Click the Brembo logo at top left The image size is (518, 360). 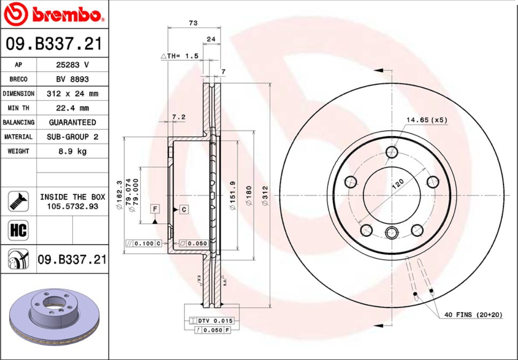(54, 14)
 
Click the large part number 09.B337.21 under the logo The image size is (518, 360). (54, 44)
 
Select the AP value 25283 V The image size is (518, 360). (72, 65)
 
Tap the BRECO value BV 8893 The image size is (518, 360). (72, 79)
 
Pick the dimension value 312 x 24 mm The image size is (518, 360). (72, 94)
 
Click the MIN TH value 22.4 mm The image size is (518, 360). (72, 108)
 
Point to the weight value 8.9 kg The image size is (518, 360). (72, 151)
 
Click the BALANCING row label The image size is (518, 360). (18, 122)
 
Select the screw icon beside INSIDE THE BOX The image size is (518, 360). (18, 201)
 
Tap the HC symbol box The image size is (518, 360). (18, 230)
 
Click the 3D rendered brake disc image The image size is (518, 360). (54, 318)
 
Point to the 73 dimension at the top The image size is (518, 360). (193, 23)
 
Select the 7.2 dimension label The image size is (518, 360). (179, 117)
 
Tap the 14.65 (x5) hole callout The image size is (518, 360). (426, 120)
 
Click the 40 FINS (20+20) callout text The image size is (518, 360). (473, 315)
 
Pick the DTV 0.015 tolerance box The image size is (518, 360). (212, 321)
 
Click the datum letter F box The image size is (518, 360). (155, 209)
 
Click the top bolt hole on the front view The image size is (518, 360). (392, 152)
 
